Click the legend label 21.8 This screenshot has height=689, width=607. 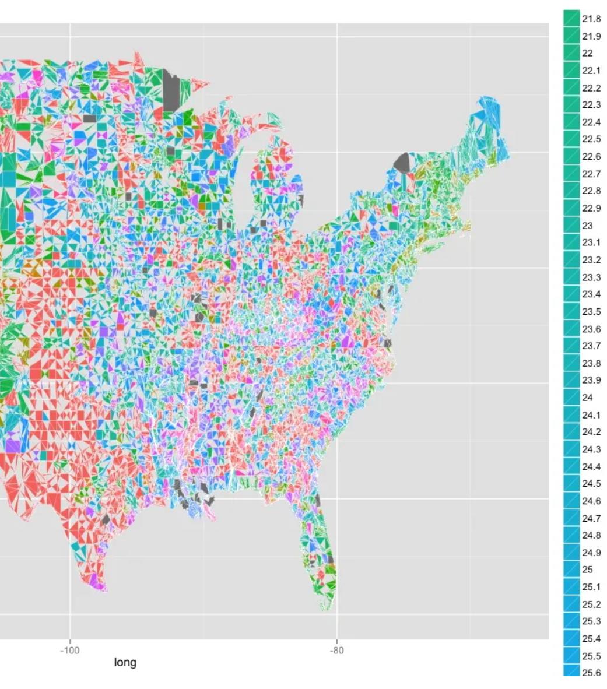[591, 19]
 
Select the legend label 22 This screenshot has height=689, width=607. [588, 54]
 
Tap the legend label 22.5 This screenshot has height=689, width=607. [591, 139]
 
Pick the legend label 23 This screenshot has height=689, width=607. [588, 226]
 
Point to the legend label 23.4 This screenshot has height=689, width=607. [591, 294]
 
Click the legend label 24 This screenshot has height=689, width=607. [588, 398]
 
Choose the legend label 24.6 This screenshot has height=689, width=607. [591, 501]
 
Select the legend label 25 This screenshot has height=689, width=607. [588, 570]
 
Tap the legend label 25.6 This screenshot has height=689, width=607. [591, 673]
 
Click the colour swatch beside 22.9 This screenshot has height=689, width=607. [571, 208]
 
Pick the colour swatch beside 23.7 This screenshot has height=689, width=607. [571, 346]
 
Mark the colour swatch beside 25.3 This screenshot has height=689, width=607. [571, 621]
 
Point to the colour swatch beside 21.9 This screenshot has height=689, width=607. [571, 36]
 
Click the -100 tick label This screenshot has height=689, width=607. [70, 651]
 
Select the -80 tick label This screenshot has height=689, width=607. [336, 651]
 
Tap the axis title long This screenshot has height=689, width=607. [125, 662]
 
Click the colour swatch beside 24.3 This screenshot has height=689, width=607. [571, 449]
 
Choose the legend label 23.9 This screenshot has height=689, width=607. [591, 381]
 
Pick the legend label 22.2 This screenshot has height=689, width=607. [591, 88]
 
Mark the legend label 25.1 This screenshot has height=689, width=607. [591, 587]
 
